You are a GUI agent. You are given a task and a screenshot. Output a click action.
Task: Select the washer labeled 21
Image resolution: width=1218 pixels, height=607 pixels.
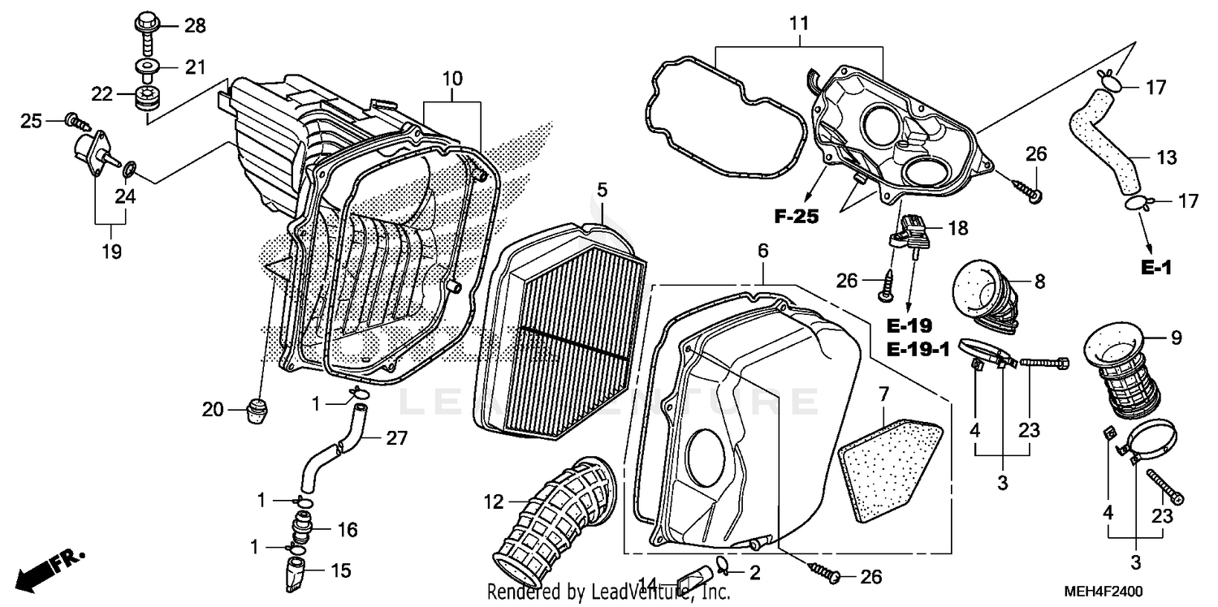pos(147,67)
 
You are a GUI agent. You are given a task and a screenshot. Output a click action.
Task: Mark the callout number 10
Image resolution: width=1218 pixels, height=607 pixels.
pos(451,80)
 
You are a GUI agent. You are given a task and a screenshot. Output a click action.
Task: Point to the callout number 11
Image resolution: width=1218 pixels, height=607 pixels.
pos(799,24)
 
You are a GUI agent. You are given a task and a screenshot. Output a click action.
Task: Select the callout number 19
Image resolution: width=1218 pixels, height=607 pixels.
pos(111,252)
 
